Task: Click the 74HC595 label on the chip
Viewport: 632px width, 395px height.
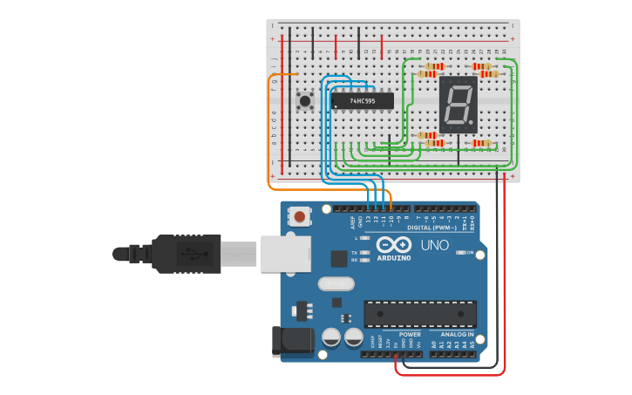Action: click(362, 101)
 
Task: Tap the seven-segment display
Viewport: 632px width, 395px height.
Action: click(458, 105)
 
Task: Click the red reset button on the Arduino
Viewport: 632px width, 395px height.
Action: click(300, 216)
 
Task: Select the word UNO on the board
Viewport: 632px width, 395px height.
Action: click(434, 245)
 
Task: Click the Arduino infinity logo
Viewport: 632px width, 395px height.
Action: click(393, 244)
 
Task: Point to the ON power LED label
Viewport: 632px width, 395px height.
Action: click(470, 252)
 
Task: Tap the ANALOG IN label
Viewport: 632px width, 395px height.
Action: click(457, 334)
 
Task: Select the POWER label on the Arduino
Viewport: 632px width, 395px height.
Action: click(410, 334)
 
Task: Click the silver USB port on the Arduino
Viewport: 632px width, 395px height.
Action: click(284, 253)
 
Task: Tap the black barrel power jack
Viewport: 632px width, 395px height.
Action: click(292, 342)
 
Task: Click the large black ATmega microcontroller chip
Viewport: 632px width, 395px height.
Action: click(420, 314)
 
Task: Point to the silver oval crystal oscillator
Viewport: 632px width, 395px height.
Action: click(336, 283)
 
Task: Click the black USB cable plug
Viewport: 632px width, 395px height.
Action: click(187, 253)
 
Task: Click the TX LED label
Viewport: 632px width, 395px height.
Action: click(355, 252)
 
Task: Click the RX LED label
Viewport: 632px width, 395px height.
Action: click(355, 260)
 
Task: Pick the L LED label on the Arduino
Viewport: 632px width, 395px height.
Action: click(357, 237)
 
